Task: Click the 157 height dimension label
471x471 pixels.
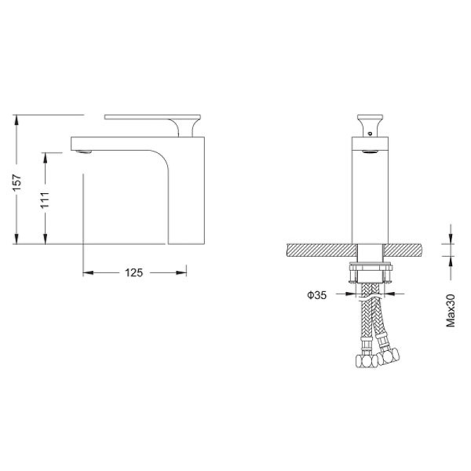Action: [16, 182]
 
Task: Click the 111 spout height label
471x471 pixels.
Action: [45, 200]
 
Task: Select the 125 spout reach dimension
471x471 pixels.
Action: [134, 272]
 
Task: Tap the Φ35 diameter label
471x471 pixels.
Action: [317, 295]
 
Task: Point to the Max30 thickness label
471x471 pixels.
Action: [451, 311]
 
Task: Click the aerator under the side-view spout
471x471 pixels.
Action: [83, 152]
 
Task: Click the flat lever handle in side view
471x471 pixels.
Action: [152, 117]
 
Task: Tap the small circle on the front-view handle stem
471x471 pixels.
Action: [370, 133]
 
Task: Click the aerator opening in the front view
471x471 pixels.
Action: [370, 152]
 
